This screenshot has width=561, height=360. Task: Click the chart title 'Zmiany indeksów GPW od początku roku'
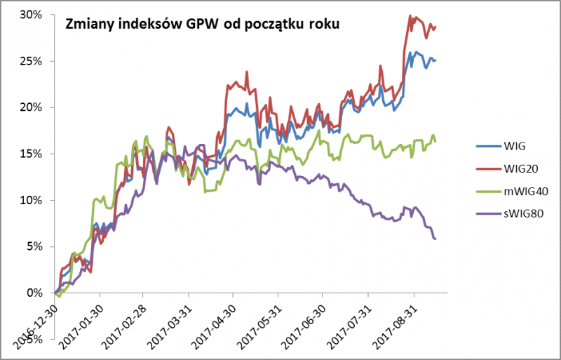(203, 25)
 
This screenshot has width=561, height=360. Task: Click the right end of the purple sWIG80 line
(435, 239)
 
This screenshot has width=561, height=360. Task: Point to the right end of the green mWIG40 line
(435, 141)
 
